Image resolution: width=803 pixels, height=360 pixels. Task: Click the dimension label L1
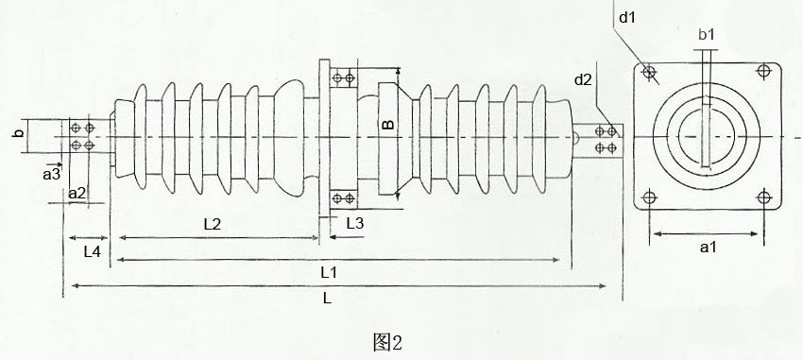[x=330, y=272]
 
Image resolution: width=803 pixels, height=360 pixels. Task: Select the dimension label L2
[x=213, y=224]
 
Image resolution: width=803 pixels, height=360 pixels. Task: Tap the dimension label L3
[x=355, y=223]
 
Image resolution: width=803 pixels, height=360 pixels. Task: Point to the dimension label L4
[x=92, y=251]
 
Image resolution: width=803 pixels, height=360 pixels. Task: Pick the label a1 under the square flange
[x=707, y=248]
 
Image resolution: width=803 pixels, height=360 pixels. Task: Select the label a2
[x=78, y=194]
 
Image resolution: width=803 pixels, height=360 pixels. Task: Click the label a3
[x=51, y=174]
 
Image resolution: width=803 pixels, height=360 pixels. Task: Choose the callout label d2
[x=583, y=79]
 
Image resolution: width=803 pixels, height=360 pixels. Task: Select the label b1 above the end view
[x=706, y=36]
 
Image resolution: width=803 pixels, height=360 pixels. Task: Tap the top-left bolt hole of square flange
[x=649, y=72]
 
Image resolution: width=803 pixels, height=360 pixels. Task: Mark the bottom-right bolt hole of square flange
[x=764, y=197]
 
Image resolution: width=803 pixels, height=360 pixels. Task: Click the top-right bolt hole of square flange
[x=763, y=72]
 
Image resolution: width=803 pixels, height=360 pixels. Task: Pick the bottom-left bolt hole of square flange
[x=649, y=197]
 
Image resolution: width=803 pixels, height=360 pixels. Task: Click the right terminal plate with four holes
[x=606, y=139]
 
